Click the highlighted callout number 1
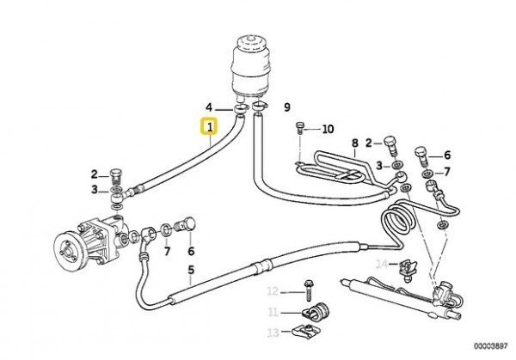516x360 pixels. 210,126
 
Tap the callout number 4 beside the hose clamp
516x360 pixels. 209,107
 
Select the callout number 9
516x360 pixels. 287,107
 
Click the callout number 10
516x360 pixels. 328,129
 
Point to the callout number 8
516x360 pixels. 354,143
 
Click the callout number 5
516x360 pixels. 191,270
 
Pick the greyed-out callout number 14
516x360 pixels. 382,264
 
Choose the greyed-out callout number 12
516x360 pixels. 273,291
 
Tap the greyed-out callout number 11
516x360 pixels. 273,312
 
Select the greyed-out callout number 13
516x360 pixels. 273,333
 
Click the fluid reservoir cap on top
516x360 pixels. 248,43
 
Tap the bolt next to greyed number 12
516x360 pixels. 309,290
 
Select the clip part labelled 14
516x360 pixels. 408,271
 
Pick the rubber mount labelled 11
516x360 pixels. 316,310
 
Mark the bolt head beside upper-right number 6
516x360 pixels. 421,153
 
